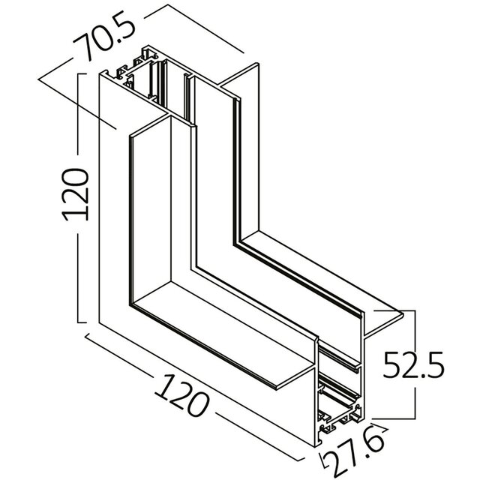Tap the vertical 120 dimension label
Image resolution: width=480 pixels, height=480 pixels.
(76, 194)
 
